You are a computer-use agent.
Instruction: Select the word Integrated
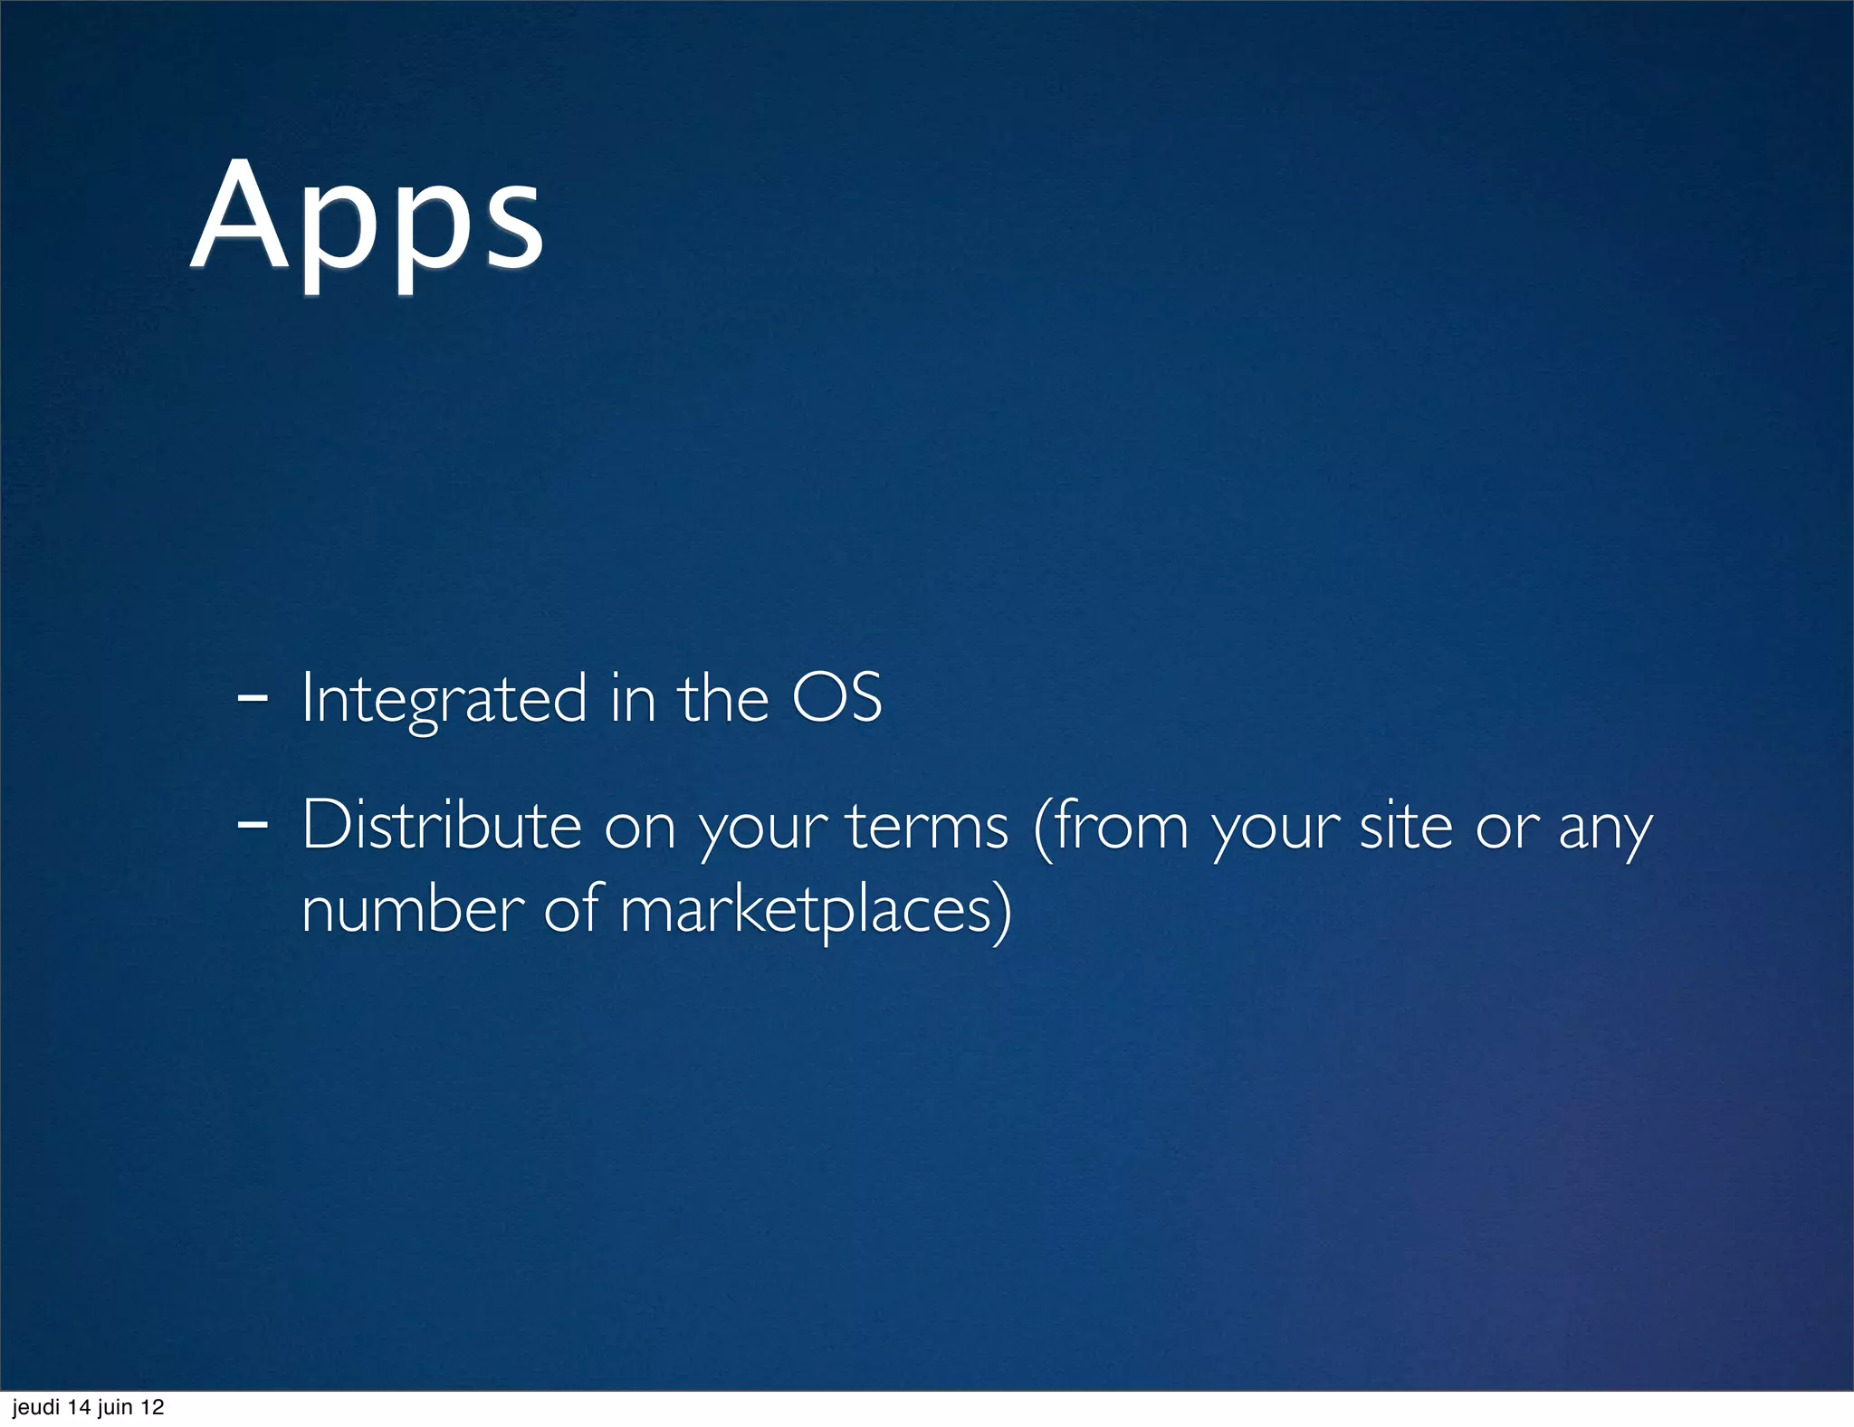444,699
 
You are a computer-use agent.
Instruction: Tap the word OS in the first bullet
836,699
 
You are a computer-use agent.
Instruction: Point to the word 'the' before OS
723,699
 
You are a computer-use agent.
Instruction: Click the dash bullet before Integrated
251,699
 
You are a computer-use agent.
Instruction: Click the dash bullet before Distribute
251,825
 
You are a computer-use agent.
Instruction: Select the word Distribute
441,825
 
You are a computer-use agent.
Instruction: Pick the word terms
927,825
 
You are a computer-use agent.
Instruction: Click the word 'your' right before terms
763,828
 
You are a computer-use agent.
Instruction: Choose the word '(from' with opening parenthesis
1111,825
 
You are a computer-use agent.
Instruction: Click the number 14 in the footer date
80,1407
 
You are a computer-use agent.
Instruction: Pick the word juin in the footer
115,1407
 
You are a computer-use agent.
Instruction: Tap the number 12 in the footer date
152,1407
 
